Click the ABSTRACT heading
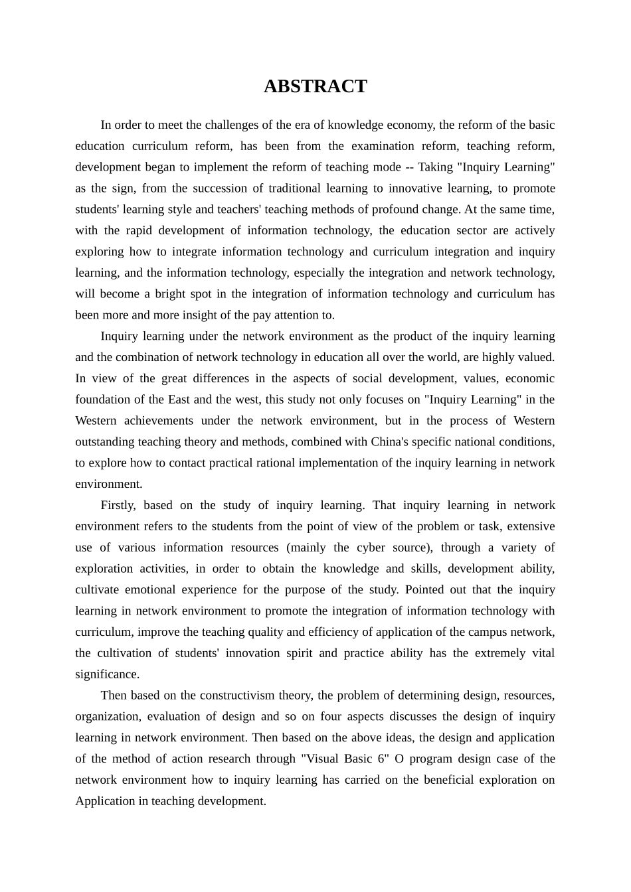pyautogui.click(x=315, y=86)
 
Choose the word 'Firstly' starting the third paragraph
pyautogui.click(x=118, y=505)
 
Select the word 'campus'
pyautogui.click(x=484, y=632)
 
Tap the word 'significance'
pyautogui.click(x=107, y=674)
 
